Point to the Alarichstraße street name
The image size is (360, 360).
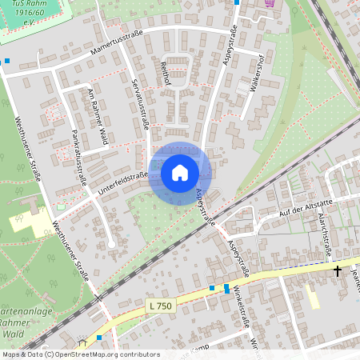(x=324, y=227)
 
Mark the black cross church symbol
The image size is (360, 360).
(x=338, y=271)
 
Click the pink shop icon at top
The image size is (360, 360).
(x=270, y=3)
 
